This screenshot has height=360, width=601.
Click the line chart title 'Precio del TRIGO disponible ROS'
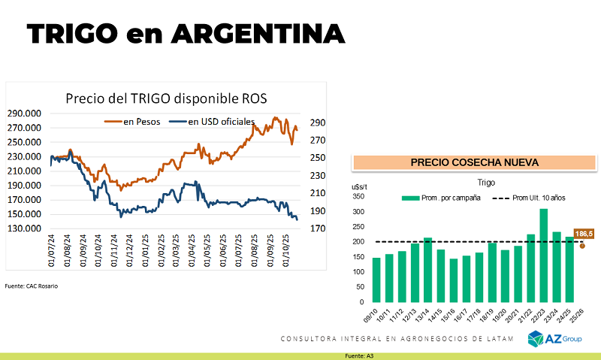coord(166,98)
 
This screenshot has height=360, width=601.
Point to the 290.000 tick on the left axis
coord(25,113)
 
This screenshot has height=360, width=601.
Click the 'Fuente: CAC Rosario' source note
coord(31,286)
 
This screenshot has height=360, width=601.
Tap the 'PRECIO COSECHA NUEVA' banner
coord(474,162)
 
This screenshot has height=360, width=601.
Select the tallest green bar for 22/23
coord(543,255)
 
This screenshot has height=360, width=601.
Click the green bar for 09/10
coord(376,280)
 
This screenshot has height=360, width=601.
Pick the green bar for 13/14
coord(427,269)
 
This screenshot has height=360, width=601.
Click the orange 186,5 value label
coord(584,234)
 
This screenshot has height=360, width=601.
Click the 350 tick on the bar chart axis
coord(358,197)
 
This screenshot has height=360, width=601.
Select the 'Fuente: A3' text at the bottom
coord(359,355)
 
